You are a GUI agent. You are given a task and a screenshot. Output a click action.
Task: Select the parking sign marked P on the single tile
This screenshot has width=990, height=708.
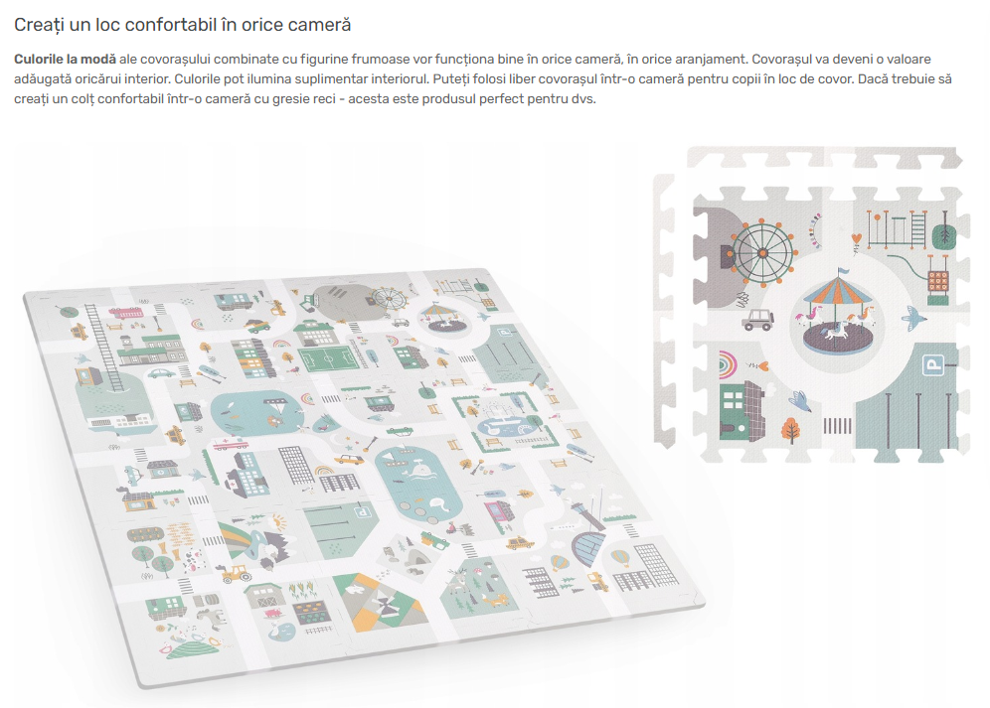(933, 366)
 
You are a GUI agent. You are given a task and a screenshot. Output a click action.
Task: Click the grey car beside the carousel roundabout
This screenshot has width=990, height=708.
(758, 319)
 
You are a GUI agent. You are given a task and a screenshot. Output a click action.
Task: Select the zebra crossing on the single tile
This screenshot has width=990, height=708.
(838, 428)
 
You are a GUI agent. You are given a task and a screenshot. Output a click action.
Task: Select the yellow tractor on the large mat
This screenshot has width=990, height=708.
(237, 573)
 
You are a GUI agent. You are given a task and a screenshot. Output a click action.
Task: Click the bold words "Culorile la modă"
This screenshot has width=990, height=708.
(64, 61)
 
